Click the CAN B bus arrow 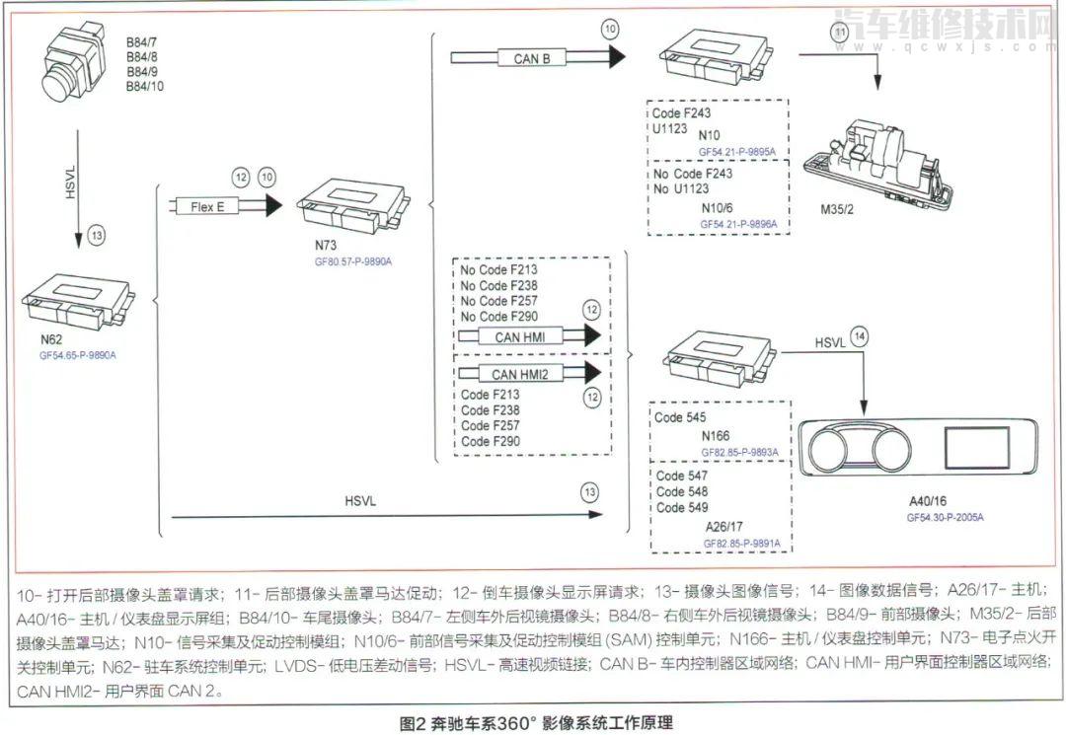pyautogui.click(x=553, y=58)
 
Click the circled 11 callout pyautogui.click(x=839, y=33)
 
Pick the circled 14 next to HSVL pyautogui.click(x=861, y=336)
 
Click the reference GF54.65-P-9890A pyautogui.click(x=85, y=352)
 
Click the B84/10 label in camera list pyautogui.click(x=145, y=88)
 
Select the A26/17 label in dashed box pyautogui.click(x=729, y=526)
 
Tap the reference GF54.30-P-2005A pyautogui.click(x=946, y=516)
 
